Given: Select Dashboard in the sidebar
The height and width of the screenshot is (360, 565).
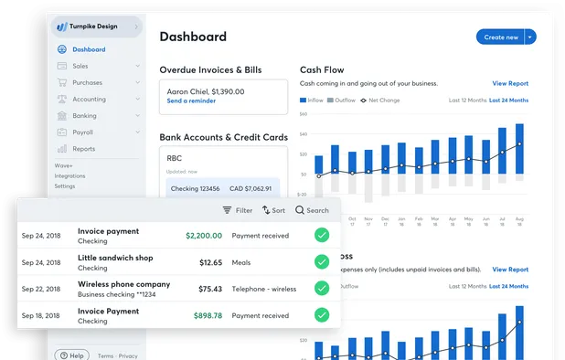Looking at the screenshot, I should click(x=89, y=49).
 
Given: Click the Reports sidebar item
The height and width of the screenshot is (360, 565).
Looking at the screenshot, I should click(x=83, y=148).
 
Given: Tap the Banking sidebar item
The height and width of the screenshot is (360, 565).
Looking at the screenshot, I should click(x=85, y=115).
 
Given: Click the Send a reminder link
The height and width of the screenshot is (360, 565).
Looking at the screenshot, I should click(x=191, y=101).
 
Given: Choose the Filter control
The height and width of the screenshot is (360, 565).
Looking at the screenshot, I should click(x=238, y=210).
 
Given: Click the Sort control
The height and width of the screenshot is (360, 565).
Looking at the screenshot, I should click(x=273, y=210).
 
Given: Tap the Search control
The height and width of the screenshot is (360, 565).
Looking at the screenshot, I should click(x=312, y=210).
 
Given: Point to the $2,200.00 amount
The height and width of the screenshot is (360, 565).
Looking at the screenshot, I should click(x=204, y=236).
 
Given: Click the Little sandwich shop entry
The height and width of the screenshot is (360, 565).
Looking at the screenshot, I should click(x=115, y=259).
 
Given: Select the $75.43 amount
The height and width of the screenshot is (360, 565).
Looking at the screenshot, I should click(x=210, y=289).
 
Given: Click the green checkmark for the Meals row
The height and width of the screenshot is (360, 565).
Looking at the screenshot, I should click(x=321, y=262).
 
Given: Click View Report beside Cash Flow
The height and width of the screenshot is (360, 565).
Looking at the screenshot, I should click(x=510, y=83).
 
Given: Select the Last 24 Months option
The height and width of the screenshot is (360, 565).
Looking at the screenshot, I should click(x=508, y=100).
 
